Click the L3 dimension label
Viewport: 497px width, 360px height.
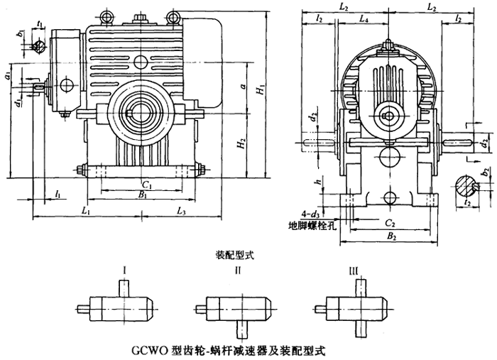pos(181,211)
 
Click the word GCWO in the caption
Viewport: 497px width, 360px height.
pos(147,350)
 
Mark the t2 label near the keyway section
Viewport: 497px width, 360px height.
pos(466,202)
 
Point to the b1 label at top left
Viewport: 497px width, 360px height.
pos(21,34)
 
